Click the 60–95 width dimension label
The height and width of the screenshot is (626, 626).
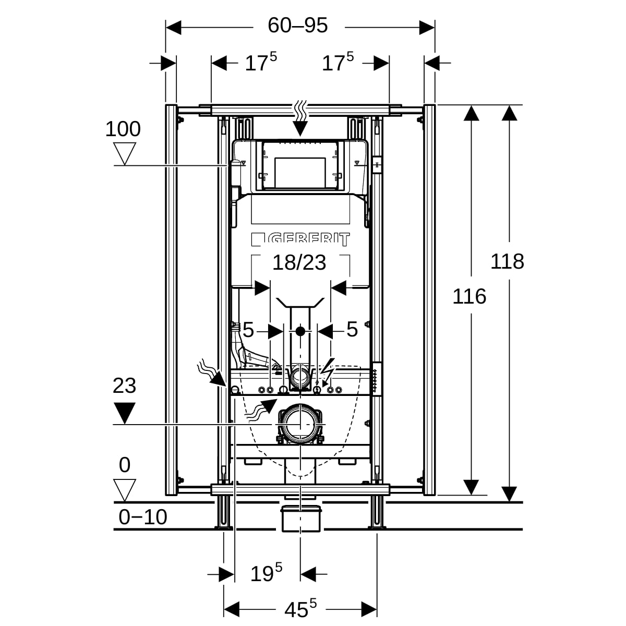click(x=297, y=25)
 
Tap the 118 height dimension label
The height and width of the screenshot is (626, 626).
click(x=507, y=261)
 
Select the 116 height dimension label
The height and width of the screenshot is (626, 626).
click(x=469, y=296)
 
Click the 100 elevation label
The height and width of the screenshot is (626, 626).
click(x=123, y=129)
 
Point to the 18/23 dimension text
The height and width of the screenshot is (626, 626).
click(x=299, y=262)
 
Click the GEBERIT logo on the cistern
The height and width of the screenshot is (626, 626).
click(x=301, y=239)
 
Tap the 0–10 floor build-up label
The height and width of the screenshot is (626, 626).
click(x=143, y=517)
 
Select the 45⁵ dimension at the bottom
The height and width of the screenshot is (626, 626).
click(x=300, y=608)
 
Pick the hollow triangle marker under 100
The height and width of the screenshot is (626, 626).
click(x=125, y=154)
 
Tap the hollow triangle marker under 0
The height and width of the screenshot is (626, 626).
click(x=125, y=490)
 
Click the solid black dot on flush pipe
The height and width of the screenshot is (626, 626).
click(x=300, y=331)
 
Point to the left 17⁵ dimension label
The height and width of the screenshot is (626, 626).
click(x=261, y=63)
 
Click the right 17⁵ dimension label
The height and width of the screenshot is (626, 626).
click(x=338, y=63)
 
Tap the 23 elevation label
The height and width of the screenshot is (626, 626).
click(x=124, y=386)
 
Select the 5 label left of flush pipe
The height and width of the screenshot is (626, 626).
click(x=248, y=330)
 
